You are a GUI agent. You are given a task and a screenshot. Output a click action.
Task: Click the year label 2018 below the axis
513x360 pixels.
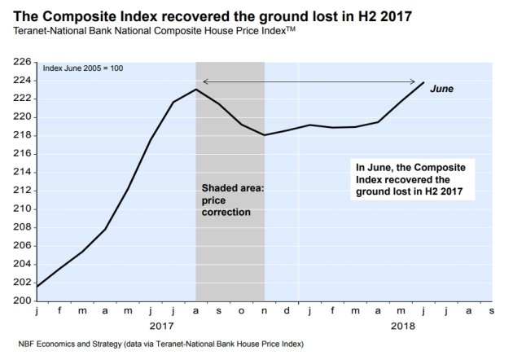pos(402,325)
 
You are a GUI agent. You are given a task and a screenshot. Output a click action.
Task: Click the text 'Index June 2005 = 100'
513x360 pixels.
pos(83,68)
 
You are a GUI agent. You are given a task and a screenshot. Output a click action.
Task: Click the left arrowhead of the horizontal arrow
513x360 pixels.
pos(204,81)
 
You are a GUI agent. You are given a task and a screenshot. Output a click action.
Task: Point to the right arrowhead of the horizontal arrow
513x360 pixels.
pos(416,81)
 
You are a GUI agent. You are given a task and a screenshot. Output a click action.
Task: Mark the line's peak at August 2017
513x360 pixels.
pos(195,89)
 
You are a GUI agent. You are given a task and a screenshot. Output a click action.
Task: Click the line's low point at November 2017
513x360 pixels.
pos(265,135)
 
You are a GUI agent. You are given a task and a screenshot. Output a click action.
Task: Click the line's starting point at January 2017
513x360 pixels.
pos(36,287)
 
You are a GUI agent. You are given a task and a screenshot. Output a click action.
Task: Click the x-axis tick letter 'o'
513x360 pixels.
pos(242,310)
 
